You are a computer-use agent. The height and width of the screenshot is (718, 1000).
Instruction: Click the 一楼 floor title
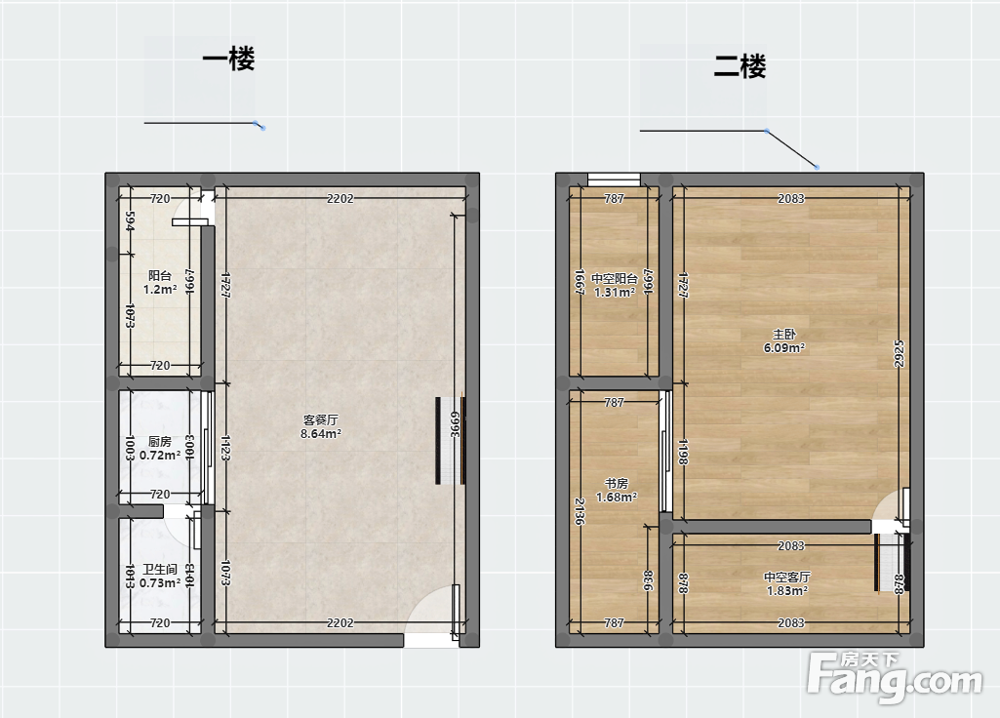pos(228,60)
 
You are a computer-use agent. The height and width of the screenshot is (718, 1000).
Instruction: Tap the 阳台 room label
pos(159,275)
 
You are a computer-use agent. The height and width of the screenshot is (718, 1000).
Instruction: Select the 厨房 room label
pos(159,441)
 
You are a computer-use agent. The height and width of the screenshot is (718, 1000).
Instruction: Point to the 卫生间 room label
pos(159,570)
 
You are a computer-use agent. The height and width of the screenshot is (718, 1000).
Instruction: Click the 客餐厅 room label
pos(321,419)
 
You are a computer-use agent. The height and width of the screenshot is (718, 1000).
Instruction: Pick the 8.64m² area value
pos(321,433)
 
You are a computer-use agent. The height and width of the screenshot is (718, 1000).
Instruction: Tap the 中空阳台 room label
pos(615,279)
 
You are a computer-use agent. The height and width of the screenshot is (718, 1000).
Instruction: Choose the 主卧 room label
pos(783,335)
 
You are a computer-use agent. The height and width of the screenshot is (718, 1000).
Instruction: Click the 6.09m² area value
pos(783,348)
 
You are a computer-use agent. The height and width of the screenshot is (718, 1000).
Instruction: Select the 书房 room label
pos(616,483)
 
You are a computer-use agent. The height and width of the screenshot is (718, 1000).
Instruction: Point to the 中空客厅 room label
pos(787,578)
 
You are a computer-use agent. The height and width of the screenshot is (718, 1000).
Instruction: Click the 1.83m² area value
pos(787,591)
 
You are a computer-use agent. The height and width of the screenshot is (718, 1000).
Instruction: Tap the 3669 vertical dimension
pos(455,424)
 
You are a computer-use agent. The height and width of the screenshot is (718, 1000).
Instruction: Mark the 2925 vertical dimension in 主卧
pos(900,353)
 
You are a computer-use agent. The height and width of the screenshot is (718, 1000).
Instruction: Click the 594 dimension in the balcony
pos(130,221)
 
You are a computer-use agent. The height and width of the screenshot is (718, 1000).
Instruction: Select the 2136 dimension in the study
pos(580,511)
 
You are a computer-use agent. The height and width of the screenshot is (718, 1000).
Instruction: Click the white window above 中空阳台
pos(614,179)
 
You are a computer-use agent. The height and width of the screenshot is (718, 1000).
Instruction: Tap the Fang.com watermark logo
pos(894,678)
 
